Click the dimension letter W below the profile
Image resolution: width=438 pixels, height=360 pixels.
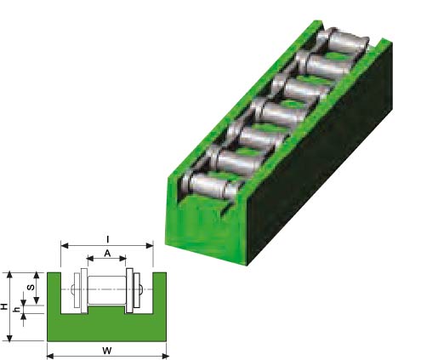(x=107, y=351)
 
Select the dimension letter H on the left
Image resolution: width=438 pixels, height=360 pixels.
(x=4, y=306)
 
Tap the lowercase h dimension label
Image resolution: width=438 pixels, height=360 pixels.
(x=17, y=310)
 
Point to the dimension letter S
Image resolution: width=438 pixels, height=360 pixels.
(x=31, y=287)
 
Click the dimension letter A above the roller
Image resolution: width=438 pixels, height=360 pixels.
(x=107, y=253)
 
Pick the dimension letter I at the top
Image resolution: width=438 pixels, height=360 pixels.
(x=107, y=240)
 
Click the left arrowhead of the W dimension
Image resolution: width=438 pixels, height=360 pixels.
(x=50, y=356)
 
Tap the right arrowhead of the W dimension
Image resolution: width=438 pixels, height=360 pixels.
(x=165, y=356)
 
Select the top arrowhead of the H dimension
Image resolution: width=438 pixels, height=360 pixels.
(x=9, y=274)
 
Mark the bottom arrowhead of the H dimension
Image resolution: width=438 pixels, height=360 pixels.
(x=9, y=338)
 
